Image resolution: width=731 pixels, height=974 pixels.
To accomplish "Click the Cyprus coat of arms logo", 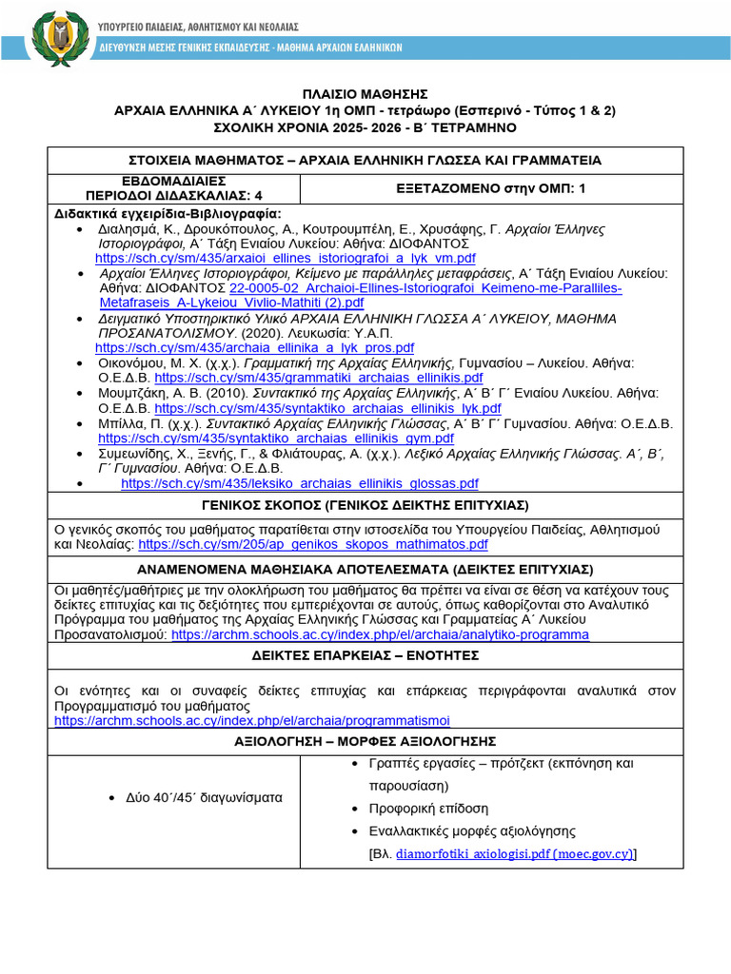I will coord(61,38).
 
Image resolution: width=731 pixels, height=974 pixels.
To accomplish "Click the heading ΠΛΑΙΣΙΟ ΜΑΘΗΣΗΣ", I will coord(365,94).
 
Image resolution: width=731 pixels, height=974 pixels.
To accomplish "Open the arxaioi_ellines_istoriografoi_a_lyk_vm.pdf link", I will coord(286,258).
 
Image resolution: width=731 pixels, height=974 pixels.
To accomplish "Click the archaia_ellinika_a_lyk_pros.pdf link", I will coord(255,347).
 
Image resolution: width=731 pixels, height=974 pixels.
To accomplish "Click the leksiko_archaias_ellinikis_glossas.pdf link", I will coord(300,483).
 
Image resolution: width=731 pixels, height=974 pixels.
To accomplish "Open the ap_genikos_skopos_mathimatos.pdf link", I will coord(313,544).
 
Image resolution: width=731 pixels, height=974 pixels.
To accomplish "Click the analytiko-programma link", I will coord(380,634).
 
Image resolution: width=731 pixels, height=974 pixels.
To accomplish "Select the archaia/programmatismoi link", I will coord(252,721).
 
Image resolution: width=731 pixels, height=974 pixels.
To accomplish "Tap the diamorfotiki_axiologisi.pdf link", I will coord(514,854).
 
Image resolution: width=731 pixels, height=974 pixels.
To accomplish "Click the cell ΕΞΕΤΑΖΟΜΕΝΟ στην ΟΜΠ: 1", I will coord(491,188).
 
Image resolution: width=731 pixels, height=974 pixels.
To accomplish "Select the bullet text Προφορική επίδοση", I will coord(428,808).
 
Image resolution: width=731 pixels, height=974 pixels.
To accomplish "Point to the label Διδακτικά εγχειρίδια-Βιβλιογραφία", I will coord(168,213).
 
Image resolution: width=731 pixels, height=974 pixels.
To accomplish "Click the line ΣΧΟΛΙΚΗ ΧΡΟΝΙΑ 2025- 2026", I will coord(365,127).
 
